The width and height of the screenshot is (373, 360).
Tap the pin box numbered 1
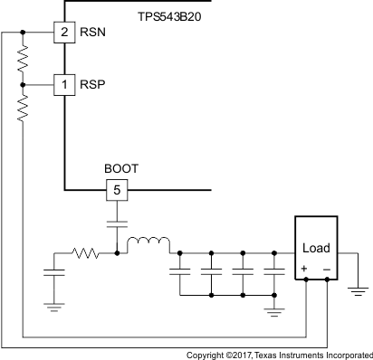(64, 84)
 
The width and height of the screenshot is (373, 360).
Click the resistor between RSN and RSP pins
(23, 59)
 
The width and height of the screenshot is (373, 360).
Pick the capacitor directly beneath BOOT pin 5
(117, 223)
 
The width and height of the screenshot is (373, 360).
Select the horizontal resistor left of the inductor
(87, 253)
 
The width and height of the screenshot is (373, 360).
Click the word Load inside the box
(316, 248)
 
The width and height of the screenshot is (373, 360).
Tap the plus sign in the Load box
(304, 269)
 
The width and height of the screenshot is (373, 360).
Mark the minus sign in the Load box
(327, 269)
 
